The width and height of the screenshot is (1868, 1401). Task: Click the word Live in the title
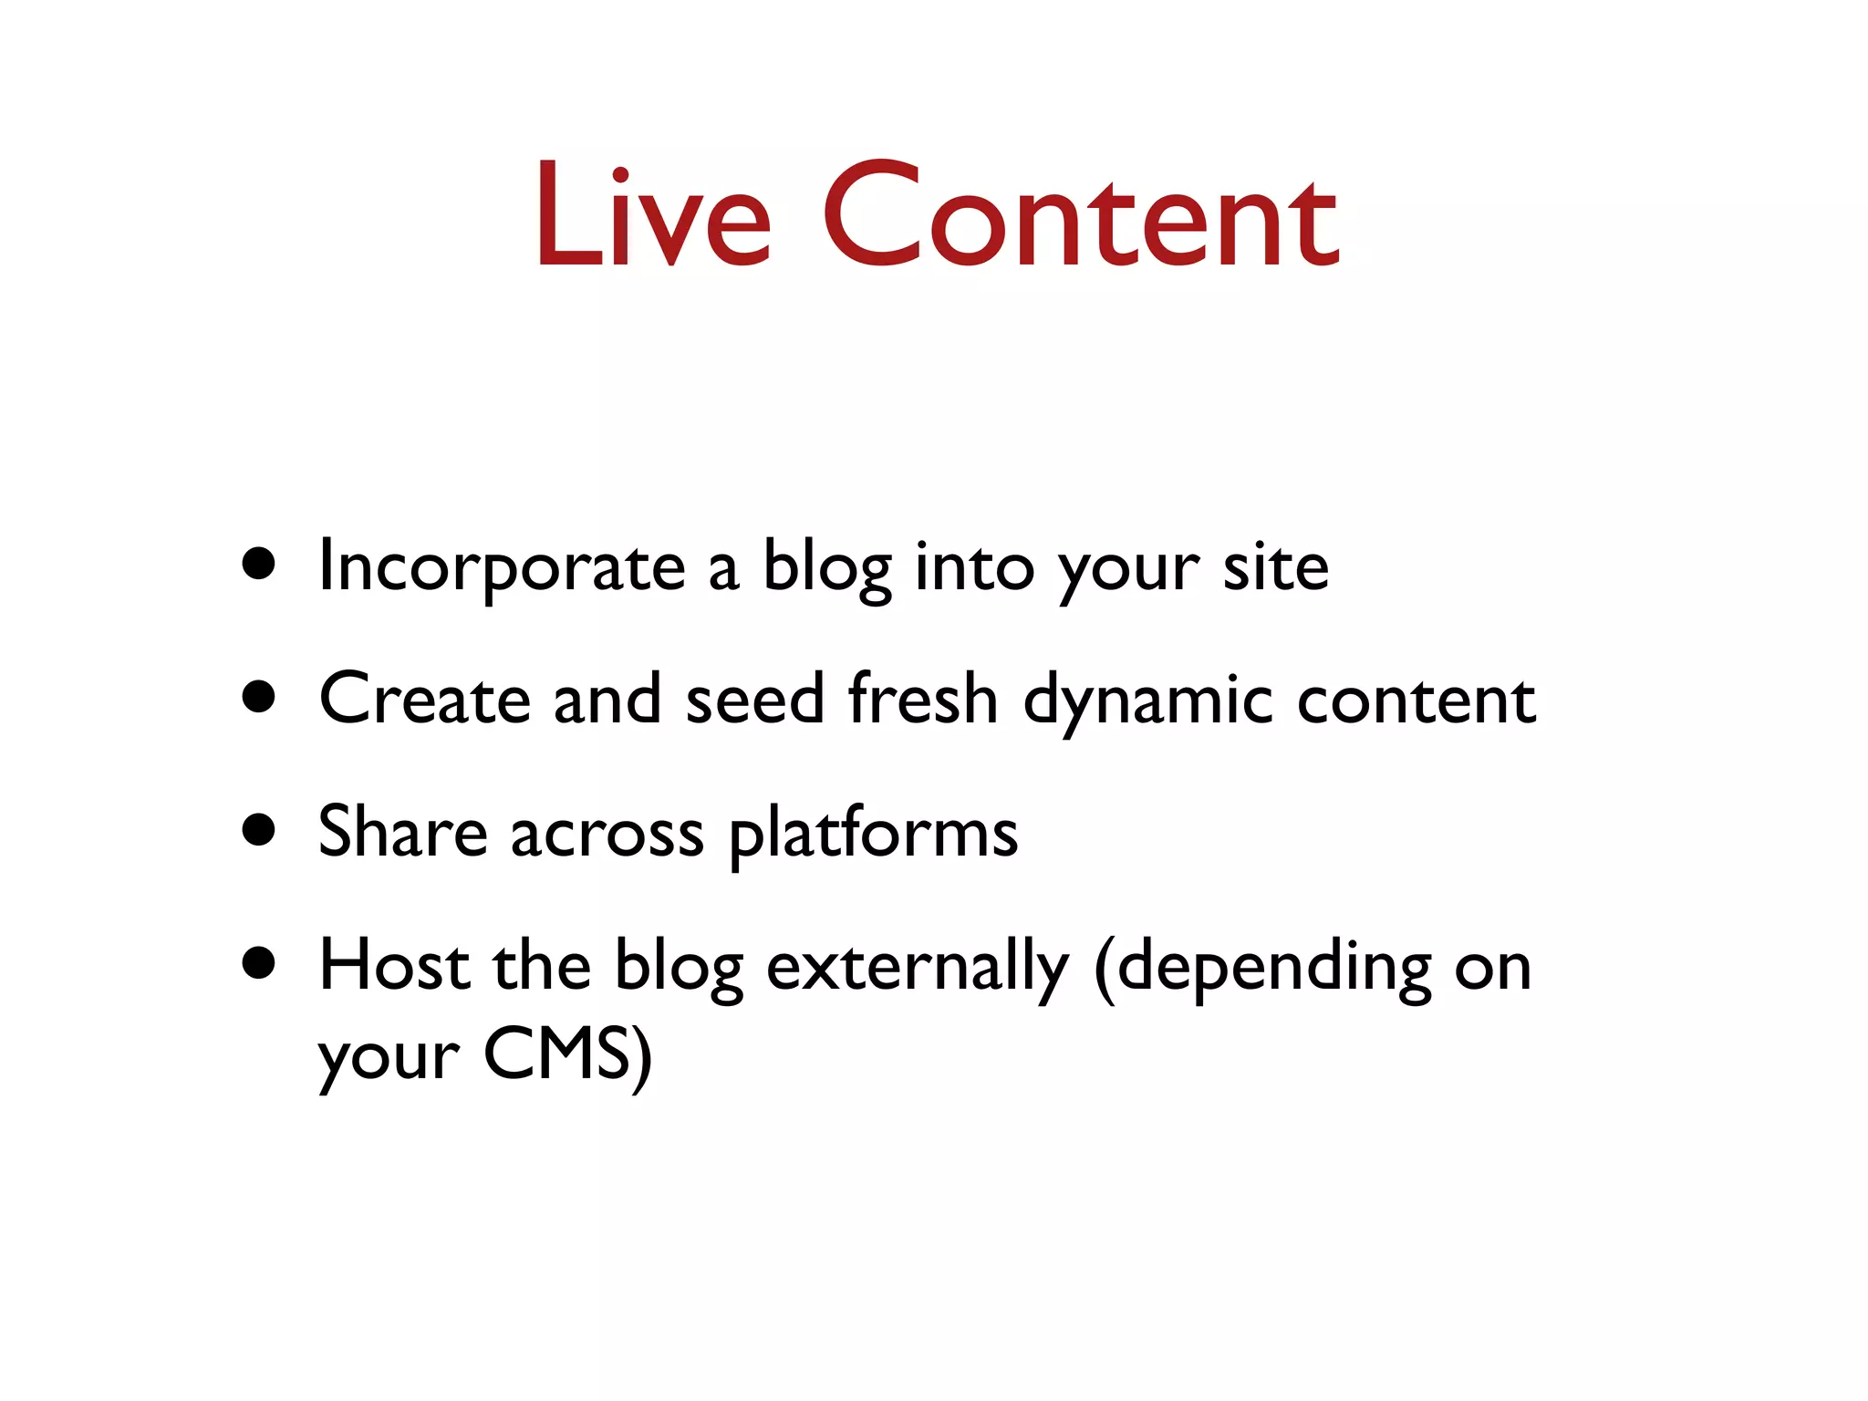coord(653,217)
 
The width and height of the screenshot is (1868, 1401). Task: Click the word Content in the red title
coord(1080,217)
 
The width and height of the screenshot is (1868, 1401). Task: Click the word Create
coord(424,700)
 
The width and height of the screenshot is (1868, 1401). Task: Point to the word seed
coord(754,700)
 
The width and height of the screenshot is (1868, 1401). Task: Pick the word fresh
coord(922,700)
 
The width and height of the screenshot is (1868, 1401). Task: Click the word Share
coord(402,832)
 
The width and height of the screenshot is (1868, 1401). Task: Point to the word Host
coord(393,966)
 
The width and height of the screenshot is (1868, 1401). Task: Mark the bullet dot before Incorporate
coord(259,564)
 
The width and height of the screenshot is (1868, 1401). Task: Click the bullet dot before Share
coord(259,830)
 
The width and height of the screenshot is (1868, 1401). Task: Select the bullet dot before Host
coord(259,963)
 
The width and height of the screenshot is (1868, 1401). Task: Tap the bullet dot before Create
coord(259,697)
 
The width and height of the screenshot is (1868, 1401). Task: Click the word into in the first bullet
coord(974,567)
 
